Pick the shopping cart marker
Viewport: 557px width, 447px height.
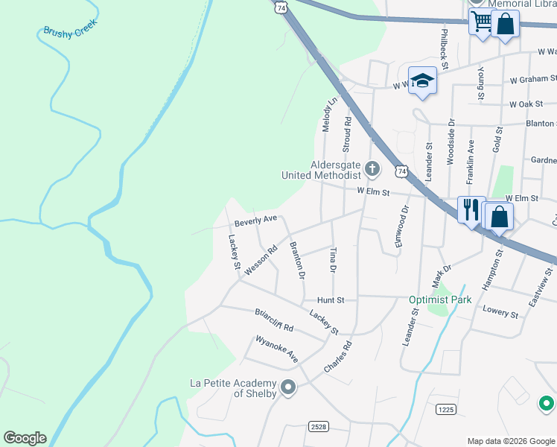481,22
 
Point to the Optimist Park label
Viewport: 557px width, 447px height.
440,300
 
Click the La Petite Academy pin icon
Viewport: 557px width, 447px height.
289,388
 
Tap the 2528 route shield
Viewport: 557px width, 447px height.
319,427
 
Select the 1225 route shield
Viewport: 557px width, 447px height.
445,409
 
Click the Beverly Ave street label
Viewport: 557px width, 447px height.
255,221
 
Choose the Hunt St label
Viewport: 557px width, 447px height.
331,299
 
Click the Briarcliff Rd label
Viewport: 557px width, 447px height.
274,320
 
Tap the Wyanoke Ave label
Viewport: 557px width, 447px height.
276,349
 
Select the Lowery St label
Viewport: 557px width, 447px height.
500,311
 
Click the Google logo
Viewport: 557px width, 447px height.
25,438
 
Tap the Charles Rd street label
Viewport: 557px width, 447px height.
337,358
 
